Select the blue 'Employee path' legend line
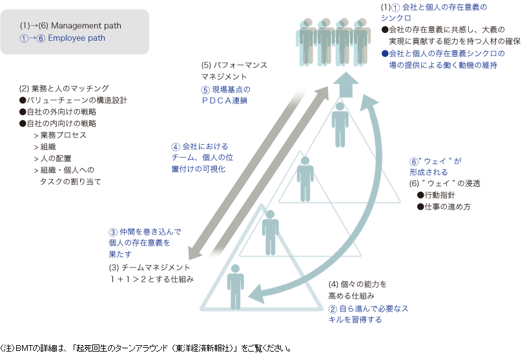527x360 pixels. click(x=62, y=38)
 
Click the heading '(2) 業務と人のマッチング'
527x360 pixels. click(x=64, y=88)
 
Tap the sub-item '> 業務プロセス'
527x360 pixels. click(x=59, y=135)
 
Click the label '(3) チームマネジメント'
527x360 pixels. click(x=150, y=267)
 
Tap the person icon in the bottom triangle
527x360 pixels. click(x=235, y=286)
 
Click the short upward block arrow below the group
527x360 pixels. click(x=346, y=85)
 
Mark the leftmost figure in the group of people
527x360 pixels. click(x=307, y=43)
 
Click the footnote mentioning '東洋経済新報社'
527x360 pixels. click(x=149, y=348)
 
